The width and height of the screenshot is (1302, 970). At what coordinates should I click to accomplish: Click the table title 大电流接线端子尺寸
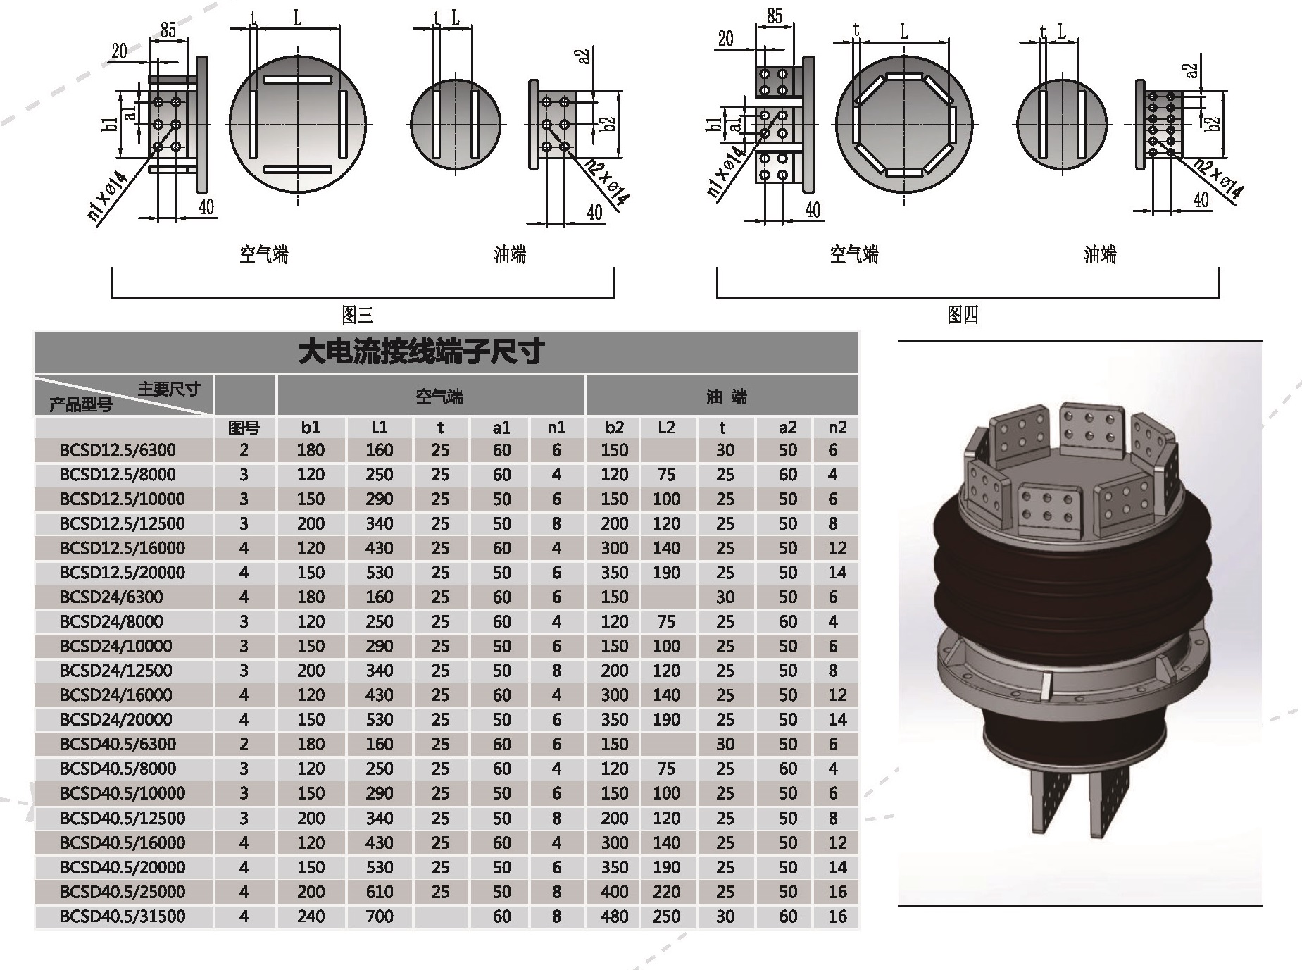pyautogui.click(x=421, y=352)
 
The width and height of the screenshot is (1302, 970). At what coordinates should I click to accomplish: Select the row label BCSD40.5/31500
pyautogui.click(x=123, y=916)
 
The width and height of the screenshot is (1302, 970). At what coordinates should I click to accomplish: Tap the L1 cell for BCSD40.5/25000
pyautogui.click(x=379, y=892)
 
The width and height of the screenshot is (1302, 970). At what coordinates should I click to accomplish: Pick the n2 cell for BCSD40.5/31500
pyautogui.click(x=837, y=916)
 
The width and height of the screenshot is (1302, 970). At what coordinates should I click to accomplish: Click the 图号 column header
pyautogui.click(x=244, y=428)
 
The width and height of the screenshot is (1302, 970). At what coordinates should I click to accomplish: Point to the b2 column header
pyautogui.click(x=614, y=428)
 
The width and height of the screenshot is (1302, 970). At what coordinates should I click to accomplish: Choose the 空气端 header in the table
pyautogui.click(x=439, y=397)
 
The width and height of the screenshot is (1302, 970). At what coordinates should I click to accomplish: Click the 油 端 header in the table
pyautogui.click(x=726, y=397)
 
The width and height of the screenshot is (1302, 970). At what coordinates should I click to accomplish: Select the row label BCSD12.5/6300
pyautogui.click(x=118, y=450)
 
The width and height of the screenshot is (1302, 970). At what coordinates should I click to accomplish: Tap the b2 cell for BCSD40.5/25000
pyautogui.click(x=614, y=892)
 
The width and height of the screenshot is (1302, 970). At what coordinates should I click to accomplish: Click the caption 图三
pyautogui.click(x=357, y=314)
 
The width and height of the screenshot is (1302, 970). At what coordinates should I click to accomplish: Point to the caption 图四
pyautogui.click(x=962, y=314)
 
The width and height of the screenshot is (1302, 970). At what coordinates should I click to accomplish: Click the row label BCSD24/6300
pyautogui.click(x=111, y=597)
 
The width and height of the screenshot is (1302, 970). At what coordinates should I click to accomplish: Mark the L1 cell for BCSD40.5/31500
pyautogui.click(x=379, y=916)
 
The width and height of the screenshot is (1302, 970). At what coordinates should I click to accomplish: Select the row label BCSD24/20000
pyautogui.click(x=115, y=720)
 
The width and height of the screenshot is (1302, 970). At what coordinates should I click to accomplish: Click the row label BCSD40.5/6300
pyautogui.click(x=118, y=745)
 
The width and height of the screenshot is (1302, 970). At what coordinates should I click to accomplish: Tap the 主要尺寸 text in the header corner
pyautogui.click(x=169, y=389)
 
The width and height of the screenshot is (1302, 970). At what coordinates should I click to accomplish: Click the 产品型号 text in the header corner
pyautogui.click(x=80, y=405)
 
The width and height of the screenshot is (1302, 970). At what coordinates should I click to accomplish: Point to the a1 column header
pyautogui.click(x=501, y=428)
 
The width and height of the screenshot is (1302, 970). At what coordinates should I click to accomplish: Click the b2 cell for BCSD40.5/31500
pyautogui.click(x=614, y=916)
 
